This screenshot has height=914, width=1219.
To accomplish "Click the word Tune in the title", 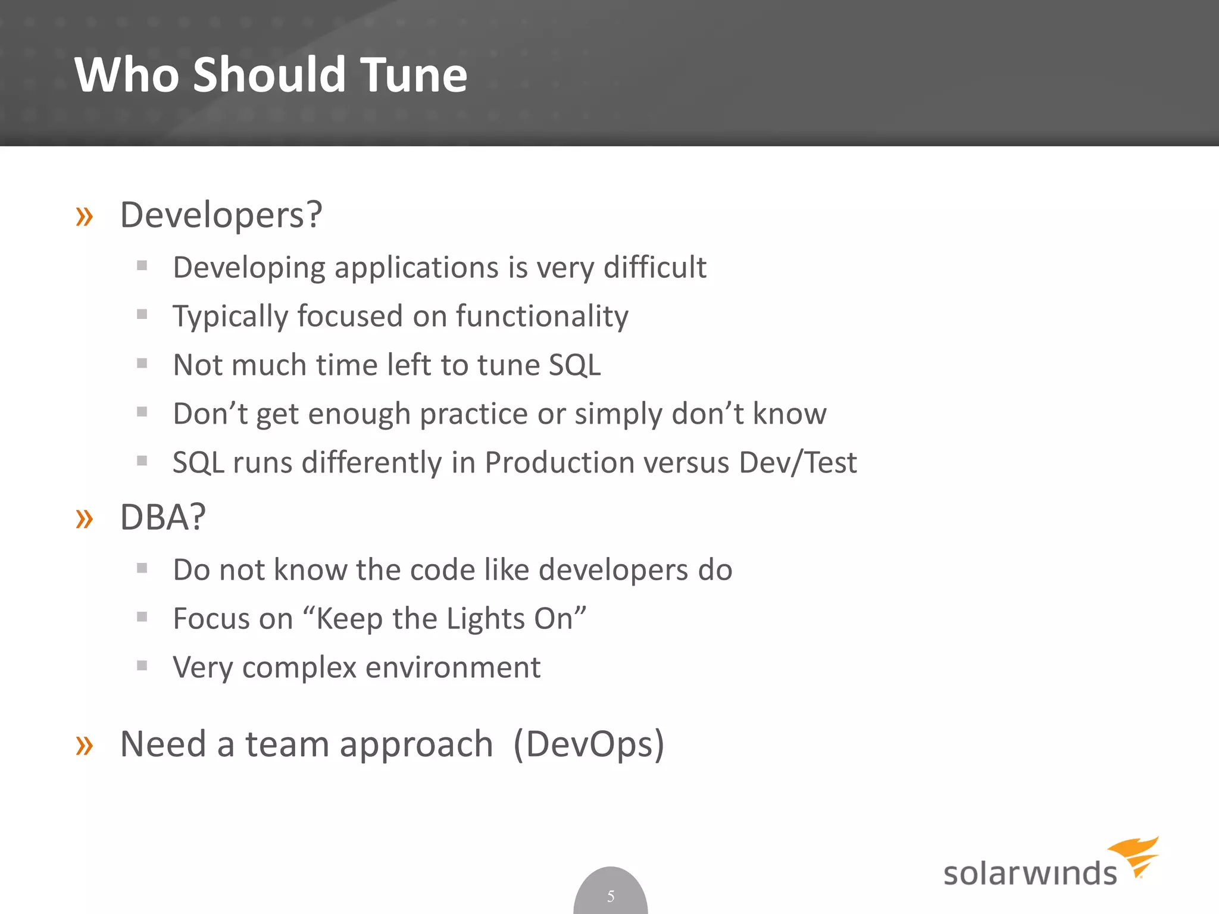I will point(414,75).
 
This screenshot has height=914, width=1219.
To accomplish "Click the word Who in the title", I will point(126,75).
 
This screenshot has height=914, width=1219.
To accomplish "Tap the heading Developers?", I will point(221,215).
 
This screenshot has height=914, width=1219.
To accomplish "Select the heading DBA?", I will point(162,517).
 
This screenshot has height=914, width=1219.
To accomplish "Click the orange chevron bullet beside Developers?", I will point(85,217).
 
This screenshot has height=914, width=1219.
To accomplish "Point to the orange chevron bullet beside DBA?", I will point(85,519).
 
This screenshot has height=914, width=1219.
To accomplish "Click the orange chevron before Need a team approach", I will point(85,745).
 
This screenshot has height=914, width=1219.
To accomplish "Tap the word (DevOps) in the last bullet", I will point(588,744).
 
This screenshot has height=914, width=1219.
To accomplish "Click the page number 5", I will point(611,896).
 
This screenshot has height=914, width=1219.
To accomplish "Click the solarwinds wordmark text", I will point(1030,874).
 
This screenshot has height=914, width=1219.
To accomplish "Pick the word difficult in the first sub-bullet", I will point(655,267).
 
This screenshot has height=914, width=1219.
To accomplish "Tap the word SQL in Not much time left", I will point(574,365).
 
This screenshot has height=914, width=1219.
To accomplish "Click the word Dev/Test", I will point(798,462).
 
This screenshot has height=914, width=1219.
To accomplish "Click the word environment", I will point(452,668).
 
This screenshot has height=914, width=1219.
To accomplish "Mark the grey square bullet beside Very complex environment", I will point(142,665).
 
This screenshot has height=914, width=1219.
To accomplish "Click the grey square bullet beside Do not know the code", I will point(142,568).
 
